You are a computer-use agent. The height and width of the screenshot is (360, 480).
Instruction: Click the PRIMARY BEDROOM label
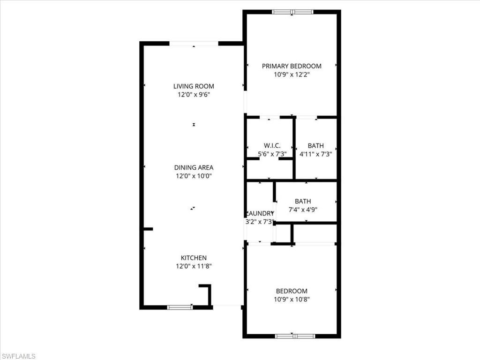point(292,66)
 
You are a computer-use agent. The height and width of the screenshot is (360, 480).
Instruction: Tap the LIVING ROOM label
point(194,86)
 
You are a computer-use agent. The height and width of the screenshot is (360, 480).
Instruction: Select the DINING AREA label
point(194,167)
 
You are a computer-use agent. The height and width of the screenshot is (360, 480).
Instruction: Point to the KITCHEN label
point(194,258)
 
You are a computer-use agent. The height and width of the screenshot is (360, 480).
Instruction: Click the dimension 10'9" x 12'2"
point(292,75)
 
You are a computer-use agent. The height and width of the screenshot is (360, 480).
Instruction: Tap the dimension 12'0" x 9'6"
point(194,95)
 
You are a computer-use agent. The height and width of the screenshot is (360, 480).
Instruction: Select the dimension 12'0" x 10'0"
point(194,176)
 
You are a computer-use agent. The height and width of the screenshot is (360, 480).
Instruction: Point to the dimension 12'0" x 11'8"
point(194,266)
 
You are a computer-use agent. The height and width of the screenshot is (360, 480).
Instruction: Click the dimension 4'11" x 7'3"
point(315,154)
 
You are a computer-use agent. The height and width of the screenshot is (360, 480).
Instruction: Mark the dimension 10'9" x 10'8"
point(292,299)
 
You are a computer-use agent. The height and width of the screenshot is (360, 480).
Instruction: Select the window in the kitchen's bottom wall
point(180,307)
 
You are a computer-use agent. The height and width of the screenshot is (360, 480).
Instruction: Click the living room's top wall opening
point(194,44)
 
